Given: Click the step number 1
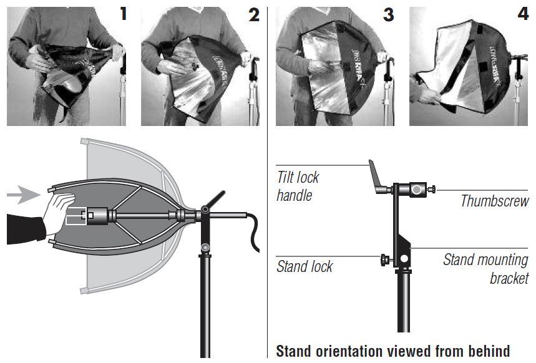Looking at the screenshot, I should coord(124,13).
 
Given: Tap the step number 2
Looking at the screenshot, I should coord(253,14).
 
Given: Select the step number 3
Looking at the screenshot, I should coord(388,14).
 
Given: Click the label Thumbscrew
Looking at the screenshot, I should coord(494,201).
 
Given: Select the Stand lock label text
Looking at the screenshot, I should coord(305,267).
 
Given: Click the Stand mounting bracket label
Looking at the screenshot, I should coord(485,269).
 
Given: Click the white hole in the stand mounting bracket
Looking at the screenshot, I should coord(404,258).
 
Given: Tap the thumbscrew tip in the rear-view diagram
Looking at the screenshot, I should coord(432,188).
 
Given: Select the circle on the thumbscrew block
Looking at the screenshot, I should coord(415,188).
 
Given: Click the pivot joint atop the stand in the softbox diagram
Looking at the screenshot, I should coord(205,215).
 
